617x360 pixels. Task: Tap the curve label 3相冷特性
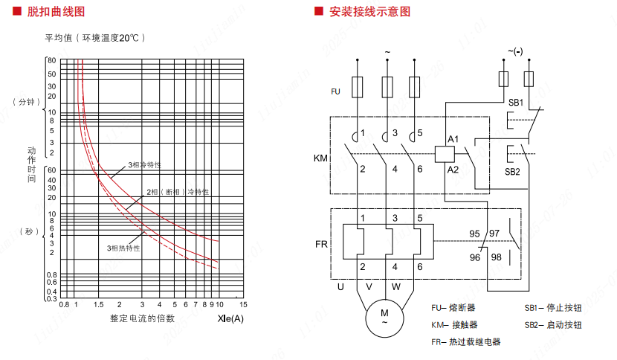click(x=145, y=164)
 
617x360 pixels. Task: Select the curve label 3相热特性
click(x=123, y=248)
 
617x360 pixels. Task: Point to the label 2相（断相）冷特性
click(x=178, y=192)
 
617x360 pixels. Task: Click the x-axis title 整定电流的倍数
click(x=143, y=318)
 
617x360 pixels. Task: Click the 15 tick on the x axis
click(x=242, y=304)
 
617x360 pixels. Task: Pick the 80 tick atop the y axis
click(x=52, y=60)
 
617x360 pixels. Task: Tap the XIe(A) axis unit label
click(x=231, y=319)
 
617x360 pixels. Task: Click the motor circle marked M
click(x=384, y=316)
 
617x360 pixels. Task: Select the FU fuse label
click(x=335, y=91)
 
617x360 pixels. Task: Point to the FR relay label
click(x=321, y=244)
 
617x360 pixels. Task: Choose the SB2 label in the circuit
click(x=513, y=172)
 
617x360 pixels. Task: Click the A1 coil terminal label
click(x=453, y=139)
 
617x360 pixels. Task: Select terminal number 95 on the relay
click(x=474, y=234)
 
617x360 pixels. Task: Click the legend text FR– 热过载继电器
click(x=466, y=341)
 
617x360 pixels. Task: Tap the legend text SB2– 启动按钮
click(x=553, y=325)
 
